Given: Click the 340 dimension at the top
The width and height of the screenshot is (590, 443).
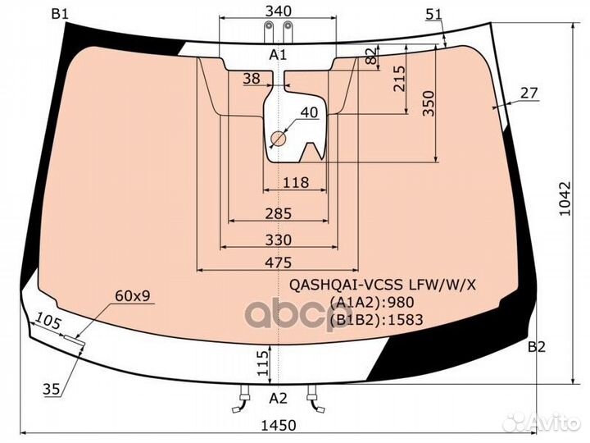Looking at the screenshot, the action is tap(278, 11).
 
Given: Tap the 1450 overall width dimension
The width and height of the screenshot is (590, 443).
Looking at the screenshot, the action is tap(279, 425).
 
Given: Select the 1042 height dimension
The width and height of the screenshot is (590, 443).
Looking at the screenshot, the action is tap(565, 199).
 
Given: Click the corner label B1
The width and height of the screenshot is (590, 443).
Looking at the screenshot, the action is tap(60, 14).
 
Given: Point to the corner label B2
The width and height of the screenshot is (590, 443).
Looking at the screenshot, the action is tap(537, 346).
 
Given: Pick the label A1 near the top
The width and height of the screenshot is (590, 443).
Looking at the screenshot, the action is tap(278, 55).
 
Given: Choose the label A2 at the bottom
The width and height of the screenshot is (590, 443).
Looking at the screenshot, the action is tap(279, 398).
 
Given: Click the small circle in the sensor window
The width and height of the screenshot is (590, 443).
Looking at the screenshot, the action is tap(279, 139).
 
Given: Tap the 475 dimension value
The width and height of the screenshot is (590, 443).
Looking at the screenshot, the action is tap(279, 263).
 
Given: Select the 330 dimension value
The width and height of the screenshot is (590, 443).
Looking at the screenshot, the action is tap(279, 240).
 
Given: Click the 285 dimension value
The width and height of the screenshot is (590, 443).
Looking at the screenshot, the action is tap(279, 213).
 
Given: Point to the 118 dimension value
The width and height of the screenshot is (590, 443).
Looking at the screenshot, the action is tap(296, 183).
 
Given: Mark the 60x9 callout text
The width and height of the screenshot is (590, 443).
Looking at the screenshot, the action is tap(133, 296).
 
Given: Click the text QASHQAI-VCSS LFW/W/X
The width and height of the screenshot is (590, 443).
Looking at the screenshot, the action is tap(383, 285).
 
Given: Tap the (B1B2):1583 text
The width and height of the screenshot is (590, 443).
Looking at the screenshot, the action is tap(377, 320).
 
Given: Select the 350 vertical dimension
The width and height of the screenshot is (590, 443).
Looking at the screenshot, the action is tap(429, 103).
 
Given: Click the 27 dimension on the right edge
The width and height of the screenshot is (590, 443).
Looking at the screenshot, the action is tap(529, 93).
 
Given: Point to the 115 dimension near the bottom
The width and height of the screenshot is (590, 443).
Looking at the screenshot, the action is tap(263, 363).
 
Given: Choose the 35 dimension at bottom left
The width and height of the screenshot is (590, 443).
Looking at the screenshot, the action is tap(51, 389).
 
